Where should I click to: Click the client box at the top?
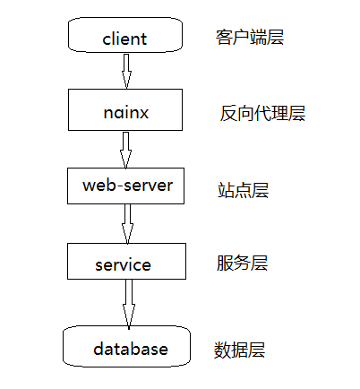pos(125,38)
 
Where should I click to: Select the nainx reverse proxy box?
pos(125,111)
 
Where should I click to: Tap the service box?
pos(125,264)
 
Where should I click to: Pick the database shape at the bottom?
pos(127,346)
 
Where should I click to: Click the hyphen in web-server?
pos(118,187)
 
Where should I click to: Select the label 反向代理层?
pos(262,114)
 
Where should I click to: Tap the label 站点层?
pos(243,189)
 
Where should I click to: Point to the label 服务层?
pos(242,264)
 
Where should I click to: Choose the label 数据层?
pos(239,349)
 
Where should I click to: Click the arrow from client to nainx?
pos(126,70)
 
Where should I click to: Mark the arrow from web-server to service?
pos(127,223)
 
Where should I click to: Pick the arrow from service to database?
pos(128,302)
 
